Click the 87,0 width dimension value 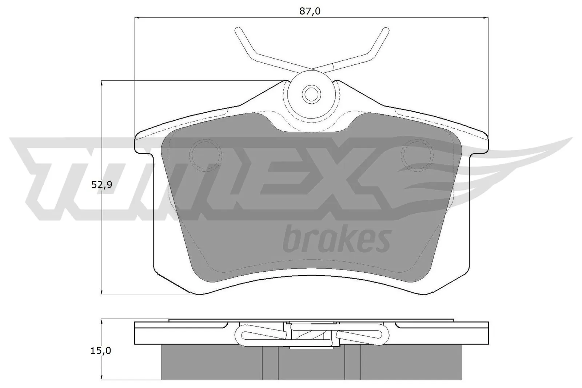[x=310, y=11]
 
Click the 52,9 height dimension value [x=101, y=185]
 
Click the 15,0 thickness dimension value [x=101, y=351]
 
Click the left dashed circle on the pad [x=206, y=155]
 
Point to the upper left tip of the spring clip [x=238, y=31]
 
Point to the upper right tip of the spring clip [x=385, y=31]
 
